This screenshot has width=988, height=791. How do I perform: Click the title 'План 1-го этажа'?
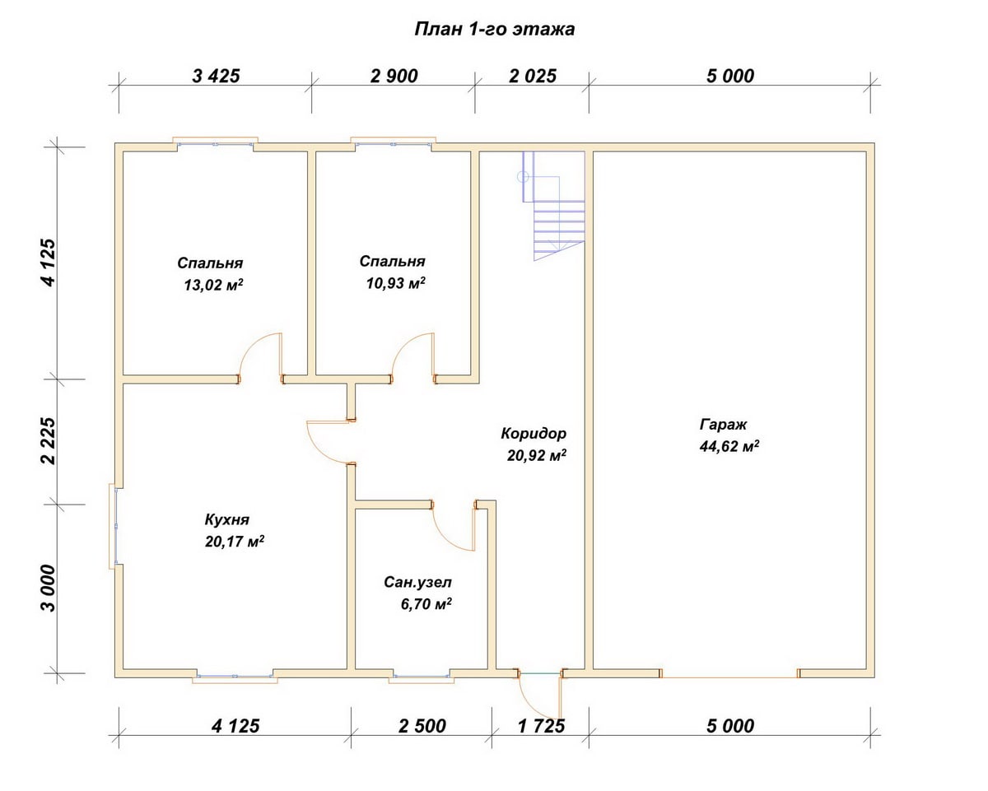[x=495, y=29]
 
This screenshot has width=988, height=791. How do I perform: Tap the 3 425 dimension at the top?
[x=216, y=76]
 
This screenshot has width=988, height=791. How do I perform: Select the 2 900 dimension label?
[x=394, y=76]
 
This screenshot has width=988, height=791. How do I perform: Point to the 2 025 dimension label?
[x=533, y=76]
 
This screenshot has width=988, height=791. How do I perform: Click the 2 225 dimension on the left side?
[x=49, y=440]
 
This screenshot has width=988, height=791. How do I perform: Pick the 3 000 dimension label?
[x=49, y=588]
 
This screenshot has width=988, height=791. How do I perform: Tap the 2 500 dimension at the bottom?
[x=422, y=726]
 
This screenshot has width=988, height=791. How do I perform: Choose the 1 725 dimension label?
[x=541, y=726]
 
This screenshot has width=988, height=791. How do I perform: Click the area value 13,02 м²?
[x=213, y=285]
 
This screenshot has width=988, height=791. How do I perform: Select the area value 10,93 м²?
[x=396, y=283]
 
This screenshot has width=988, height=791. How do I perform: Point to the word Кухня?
[x=226, y=520]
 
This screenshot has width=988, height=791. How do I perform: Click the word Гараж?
[x=723, y=425]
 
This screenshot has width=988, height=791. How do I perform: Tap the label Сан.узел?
[x=417, y=583]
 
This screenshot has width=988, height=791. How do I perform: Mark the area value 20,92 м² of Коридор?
[x=537, y=455]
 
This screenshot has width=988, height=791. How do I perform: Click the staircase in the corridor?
[x=553, y=206]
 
